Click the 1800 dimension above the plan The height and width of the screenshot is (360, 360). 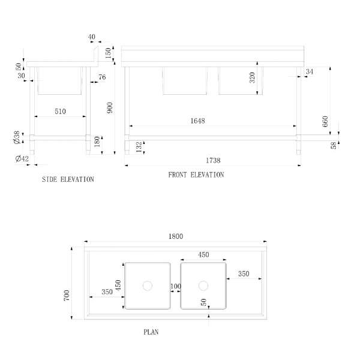pos(176,236)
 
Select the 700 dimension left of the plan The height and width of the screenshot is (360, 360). pos(67,295)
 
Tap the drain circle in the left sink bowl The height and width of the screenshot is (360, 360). pos(148,286)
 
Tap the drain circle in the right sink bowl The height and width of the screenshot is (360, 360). pos(203,286)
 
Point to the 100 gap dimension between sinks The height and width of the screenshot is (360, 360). pos(176,286)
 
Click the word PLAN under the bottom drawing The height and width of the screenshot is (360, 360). pos(151,332)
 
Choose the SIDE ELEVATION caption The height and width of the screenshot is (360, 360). pos(68,179)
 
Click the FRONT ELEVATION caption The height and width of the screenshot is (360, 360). pos(196,175)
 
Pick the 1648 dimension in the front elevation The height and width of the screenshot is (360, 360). pos(197,121)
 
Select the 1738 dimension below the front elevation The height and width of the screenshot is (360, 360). pos(213,160)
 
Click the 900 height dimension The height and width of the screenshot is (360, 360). pos(110,107)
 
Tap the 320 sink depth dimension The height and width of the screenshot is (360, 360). pos(252,77)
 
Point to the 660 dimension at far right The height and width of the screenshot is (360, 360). pos(325,121)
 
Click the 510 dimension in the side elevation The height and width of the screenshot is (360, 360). pos(60,112)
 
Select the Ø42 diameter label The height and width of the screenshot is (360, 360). pos(22,158)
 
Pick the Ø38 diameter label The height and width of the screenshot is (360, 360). pos(17,137)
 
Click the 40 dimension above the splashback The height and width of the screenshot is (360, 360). pos(91,37)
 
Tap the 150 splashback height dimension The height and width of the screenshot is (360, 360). pos(108,53)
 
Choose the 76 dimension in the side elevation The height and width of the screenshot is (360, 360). pos(102,77)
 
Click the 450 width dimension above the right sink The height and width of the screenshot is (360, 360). pos(203,254)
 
